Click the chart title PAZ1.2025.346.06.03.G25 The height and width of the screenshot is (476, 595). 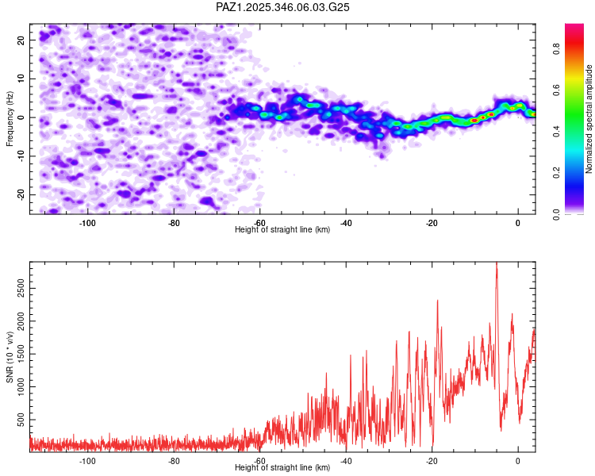click(x=283, y=7)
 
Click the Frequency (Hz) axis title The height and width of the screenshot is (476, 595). click(x=10, y=117)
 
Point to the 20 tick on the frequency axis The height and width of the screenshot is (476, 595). click(x=21, y=40)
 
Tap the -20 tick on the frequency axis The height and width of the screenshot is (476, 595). click(x=21, y=194)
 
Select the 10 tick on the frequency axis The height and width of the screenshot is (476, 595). click(x=21, y=79)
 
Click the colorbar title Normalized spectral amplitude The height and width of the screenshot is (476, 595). click(x=589, y=119)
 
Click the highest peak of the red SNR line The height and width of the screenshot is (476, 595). click(x=497, y=263)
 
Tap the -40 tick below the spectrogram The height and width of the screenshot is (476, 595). click(x=346, y=222)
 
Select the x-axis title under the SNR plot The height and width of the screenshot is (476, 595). click(x=282, y=468)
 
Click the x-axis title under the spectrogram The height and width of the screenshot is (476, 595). click(x=282, y=229)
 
